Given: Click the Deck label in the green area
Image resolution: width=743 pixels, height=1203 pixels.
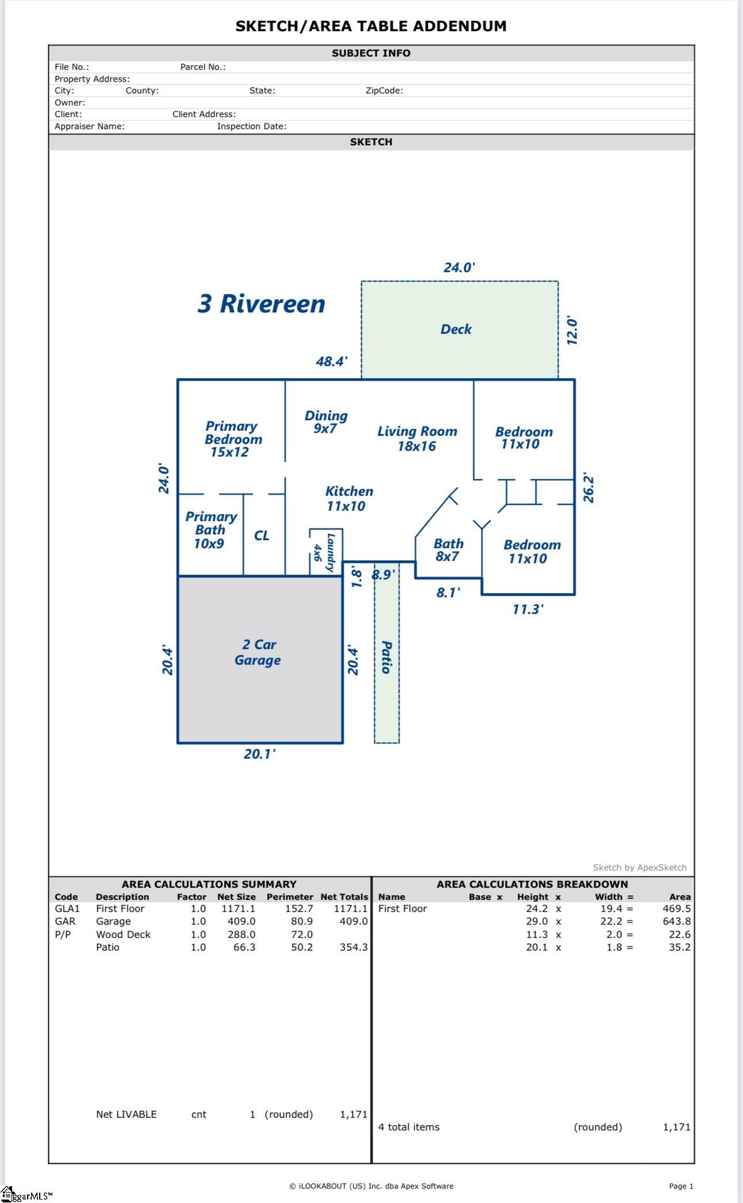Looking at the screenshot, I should pyautogui.click(x=456, y=329).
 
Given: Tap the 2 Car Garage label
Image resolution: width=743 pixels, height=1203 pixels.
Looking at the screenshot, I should pyautogui.click(x=257, y=653).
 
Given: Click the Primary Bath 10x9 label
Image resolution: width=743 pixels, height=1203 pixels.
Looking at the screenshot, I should pyautogui.click(x=210, y=530).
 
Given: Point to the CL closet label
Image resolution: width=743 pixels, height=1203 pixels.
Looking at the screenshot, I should pyautogui.click(x=261, y=535).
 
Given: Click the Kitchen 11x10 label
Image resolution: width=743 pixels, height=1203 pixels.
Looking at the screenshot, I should pyautogui.click(x=348, y=499).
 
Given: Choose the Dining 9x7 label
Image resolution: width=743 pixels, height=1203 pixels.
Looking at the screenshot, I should pyautogui.click(x=325, y=422).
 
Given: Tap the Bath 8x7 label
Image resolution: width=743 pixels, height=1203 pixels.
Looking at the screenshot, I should pyautogui.click(x=448, y=550).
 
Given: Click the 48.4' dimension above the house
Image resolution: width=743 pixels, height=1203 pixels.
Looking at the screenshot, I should pyautogui.click(x=331, y=361).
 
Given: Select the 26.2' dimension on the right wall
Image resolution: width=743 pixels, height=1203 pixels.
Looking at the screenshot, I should pyautogui.click(x=588, y=488).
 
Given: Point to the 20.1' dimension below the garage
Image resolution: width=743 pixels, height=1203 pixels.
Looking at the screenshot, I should pyautogui.click(x=259, y=754).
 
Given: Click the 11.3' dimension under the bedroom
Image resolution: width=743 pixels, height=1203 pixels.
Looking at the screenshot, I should pyautogui.click(x=528, y=609).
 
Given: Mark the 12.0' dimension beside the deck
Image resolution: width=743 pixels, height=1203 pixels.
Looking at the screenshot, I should pyautogui.click(x=571, y=330).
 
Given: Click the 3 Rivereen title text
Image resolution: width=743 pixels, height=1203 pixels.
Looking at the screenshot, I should pyautogui.click(x=261, y=304).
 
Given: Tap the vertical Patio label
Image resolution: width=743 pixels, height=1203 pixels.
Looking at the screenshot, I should pyautogui.click(x=386, y=657).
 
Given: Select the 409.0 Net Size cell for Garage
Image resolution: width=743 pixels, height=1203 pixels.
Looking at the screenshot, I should pyautogui.click(x=241, y=921).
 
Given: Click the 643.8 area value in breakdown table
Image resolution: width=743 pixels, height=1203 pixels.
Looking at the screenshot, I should pyautogui.click(x=676, y=921).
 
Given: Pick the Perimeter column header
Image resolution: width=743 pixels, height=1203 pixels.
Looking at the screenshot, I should pyautogui.click(x=289, y=897).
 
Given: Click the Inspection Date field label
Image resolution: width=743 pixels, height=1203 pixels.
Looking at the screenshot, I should pyautogui.click(x=251, y=126).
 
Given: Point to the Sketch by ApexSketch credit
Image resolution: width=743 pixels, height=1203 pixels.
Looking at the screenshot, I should pyautogui.click(x=639, y=868).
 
